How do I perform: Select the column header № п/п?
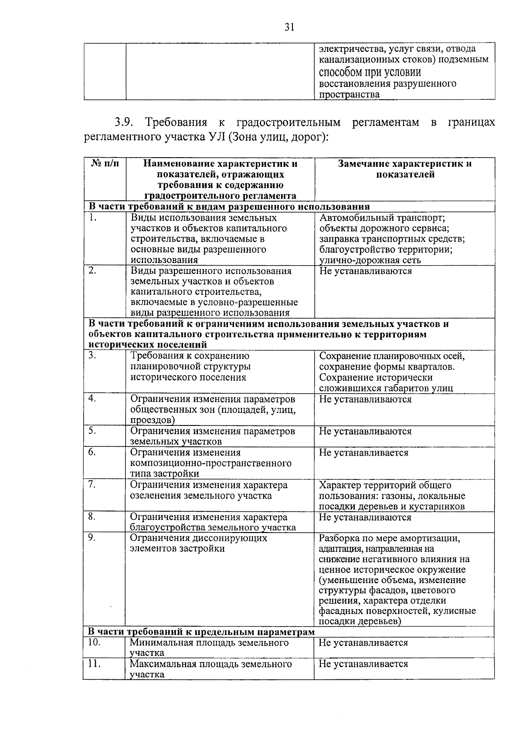tap(105, 164)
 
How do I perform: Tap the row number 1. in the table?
tap(92, 218)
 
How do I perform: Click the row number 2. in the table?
tap(92, 271)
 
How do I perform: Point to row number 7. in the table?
tap(92, 485)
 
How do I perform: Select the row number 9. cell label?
tap(92, 538)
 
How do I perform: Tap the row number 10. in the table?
tap(94, 642)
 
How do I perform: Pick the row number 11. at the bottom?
tap(94, 664)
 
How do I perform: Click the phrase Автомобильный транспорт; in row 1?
tap(382, 218)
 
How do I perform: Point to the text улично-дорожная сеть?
tap(370, 260)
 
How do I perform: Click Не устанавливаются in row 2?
tap(365, 271)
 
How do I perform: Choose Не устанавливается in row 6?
tap(363, 452)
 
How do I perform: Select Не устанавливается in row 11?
tap(363, 664)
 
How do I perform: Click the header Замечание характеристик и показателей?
tap(405, 169)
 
